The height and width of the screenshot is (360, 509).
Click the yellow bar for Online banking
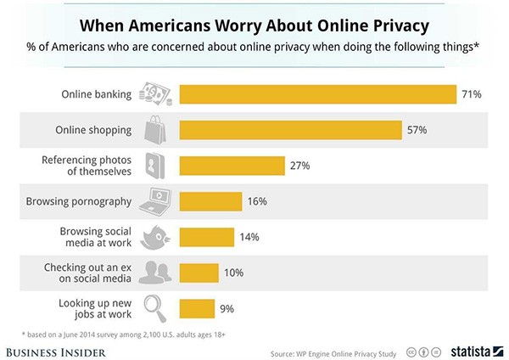pos(318,93)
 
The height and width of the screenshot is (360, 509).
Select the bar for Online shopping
pos(290,130)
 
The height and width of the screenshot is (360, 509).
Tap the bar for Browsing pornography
pos(210,201)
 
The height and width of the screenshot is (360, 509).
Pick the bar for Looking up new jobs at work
pos(197,308)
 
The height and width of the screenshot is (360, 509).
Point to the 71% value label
pos(471,93)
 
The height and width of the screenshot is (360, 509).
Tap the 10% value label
pos(234,273)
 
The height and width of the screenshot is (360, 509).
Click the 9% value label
pos(227,308)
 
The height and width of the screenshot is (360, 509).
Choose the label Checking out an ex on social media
pos(87,273)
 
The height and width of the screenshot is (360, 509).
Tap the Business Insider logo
pos(56,349)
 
